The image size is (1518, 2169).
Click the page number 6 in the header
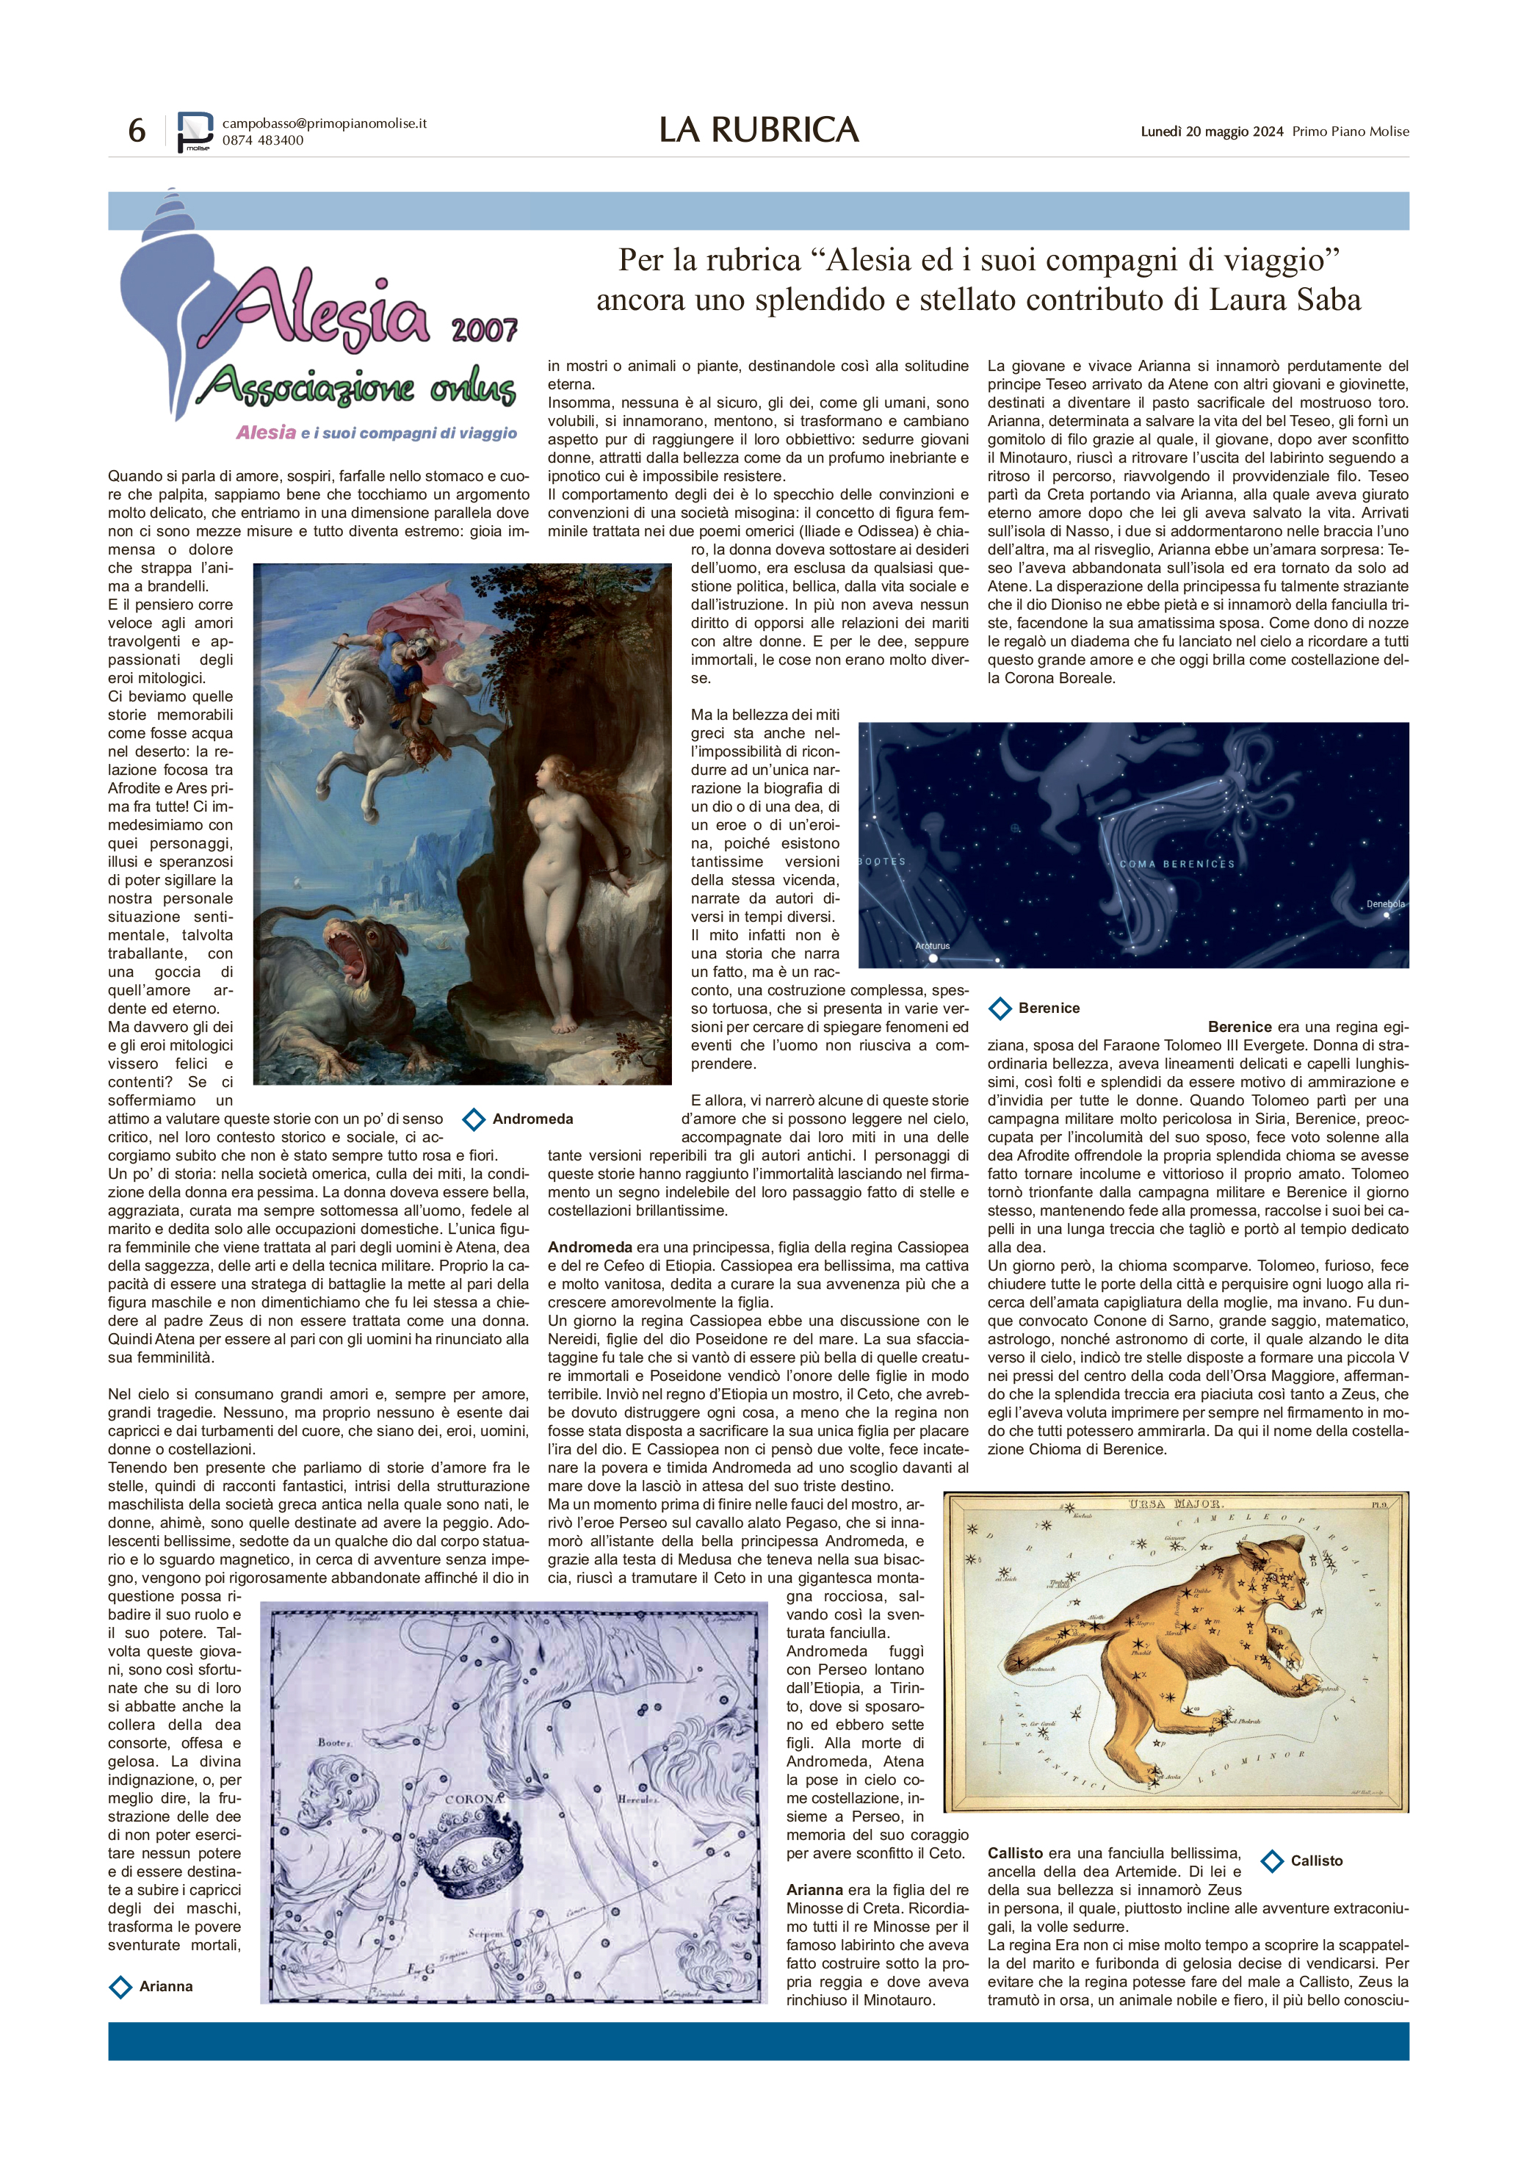pos(137,130)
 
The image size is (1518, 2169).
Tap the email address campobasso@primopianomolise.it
pos(324,123)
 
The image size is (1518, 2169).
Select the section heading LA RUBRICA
pos(759,130)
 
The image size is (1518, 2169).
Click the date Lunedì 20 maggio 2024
pos(1211,132)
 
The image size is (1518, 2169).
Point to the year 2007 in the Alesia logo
pos(484,330)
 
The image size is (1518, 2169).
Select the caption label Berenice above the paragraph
pos(1034,1008)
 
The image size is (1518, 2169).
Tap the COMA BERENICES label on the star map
pos(1176,864)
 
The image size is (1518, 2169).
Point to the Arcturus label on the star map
pos(933,945)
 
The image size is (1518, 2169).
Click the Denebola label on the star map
pos(1385,904)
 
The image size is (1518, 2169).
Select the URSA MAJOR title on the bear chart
pos(1175,1504)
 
